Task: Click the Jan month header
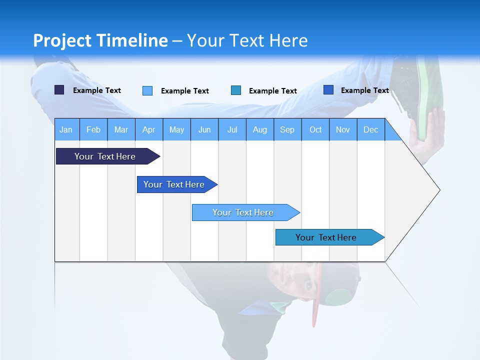[66, 129]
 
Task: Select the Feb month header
[93, 129]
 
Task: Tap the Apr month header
[149, 129]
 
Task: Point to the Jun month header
[204, 129]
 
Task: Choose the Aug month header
[260, 129]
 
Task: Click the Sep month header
[287, 129]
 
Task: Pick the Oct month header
[315, 129]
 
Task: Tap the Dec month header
[371, 129]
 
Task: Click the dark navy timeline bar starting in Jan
[105, 156]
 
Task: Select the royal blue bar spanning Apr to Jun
[174, 184]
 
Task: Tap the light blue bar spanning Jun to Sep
[243, 212]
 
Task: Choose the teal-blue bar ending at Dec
[326, 237]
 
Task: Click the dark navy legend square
[59, 90]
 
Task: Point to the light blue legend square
[147, 90]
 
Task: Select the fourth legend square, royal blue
[328, 90]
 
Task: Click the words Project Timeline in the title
[100, 40]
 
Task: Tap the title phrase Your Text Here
[247, 40]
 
